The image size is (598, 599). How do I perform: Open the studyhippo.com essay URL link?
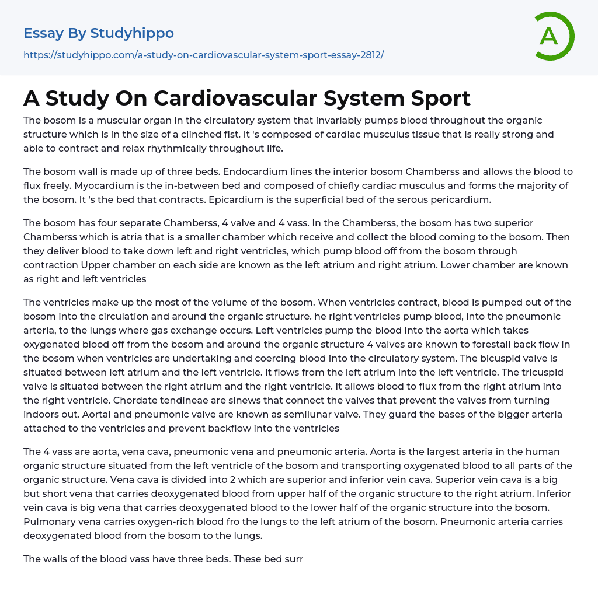pyautogui.click(x=203, y=55)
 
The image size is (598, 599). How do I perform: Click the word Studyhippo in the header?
pyautogui.click(x=132, y=33)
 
